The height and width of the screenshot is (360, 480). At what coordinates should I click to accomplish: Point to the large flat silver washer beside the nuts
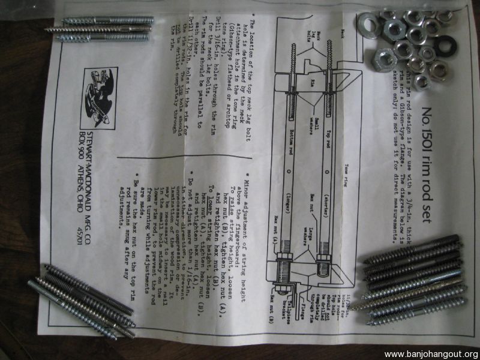(x=370, y=25)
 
